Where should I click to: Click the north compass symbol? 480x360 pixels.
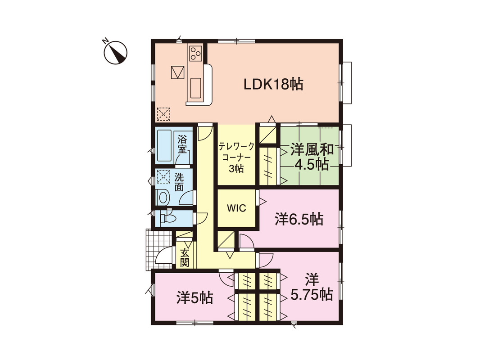coord(115,52)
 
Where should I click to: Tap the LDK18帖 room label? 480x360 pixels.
coord(273,84)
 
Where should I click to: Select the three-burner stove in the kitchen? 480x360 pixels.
coord(195,53)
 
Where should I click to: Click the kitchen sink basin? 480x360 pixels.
coord(195,87)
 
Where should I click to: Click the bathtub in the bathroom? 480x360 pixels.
coord(165,146)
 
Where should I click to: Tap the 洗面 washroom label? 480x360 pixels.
coord(179,182)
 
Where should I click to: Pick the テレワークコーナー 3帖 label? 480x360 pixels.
coord(236,157)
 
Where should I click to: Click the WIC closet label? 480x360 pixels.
coord(236,208)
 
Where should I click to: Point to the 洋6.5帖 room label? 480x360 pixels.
coord(299,219)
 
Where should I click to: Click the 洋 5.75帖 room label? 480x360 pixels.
coord(312,288)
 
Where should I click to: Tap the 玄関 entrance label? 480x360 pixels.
coord(185,257)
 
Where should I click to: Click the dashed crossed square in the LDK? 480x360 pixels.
coord(163,114)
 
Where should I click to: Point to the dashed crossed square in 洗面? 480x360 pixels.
coord(163,176)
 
